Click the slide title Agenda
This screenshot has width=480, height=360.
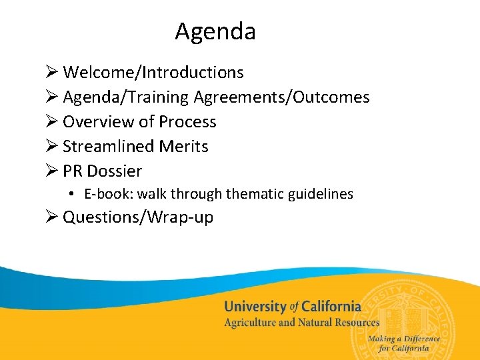click(x=215, y=31)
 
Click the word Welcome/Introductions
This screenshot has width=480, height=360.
click(x=153, y=72)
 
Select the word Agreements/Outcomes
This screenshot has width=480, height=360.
click(x=281, y=97)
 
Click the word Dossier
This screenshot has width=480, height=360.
click(x=114, y=171)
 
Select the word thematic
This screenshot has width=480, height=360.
click(x=253, y=195)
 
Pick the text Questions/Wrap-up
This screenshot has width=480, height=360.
click(x=138, y=217)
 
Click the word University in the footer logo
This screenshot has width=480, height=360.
click(x=255, y=307)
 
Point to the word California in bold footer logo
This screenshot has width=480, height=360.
click(x=331, y=307)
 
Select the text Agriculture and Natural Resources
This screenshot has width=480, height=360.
click(x=301, y=323)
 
